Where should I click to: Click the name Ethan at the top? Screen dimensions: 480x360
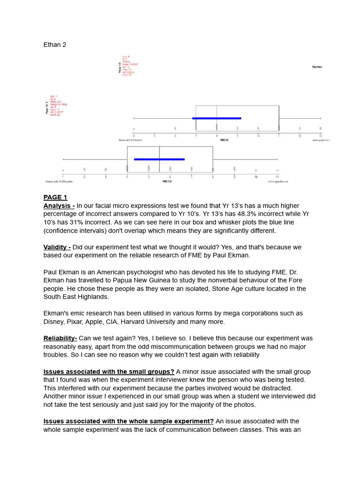52,45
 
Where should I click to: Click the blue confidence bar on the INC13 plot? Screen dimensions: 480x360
217,119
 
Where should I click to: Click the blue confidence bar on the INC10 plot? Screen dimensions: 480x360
159,159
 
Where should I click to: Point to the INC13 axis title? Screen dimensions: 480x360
225,140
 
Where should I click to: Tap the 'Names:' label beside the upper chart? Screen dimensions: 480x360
317,67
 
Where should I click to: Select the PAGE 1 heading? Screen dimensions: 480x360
55,197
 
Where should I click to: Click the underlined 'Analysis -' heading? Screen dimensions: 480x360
59,206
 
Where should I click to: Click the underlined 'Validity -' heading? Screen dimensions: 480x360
57,247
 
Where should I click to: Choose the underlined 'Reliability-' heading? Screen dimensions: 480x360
60,338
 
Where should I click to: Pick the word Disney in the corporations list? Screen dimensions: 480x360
55,322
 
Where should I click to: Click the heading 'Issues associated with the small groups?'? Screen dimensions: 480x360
109,372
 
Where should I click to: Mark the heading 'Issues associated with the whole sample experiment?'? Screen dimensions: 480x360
128,421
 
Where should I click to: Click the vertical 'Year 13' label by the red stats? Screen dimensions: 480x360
120,68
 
